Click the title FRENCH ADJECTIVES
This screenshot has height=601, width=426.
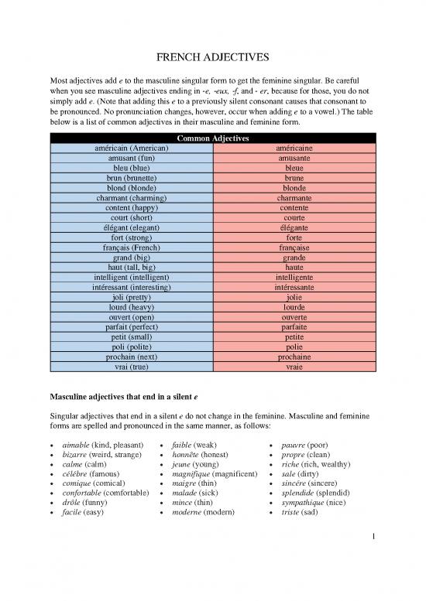pyautogui.click(x=213, y=59)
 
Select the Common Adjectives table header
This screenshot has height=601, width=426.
pyautogui.click(x=213, y=138)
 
